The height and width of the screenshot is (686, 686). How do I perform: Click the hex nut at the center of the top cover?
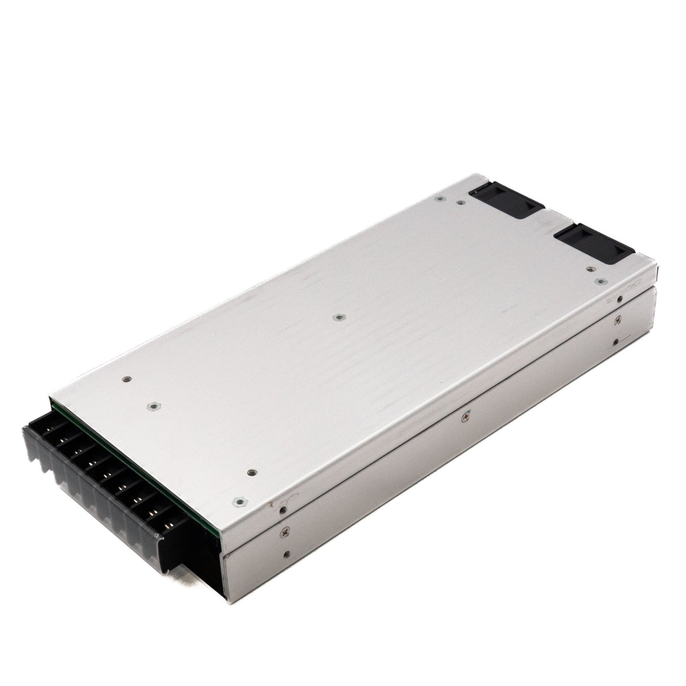(337, 318)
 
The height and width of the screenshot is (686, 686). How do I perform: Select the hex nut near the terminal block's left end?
(151, 405)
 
